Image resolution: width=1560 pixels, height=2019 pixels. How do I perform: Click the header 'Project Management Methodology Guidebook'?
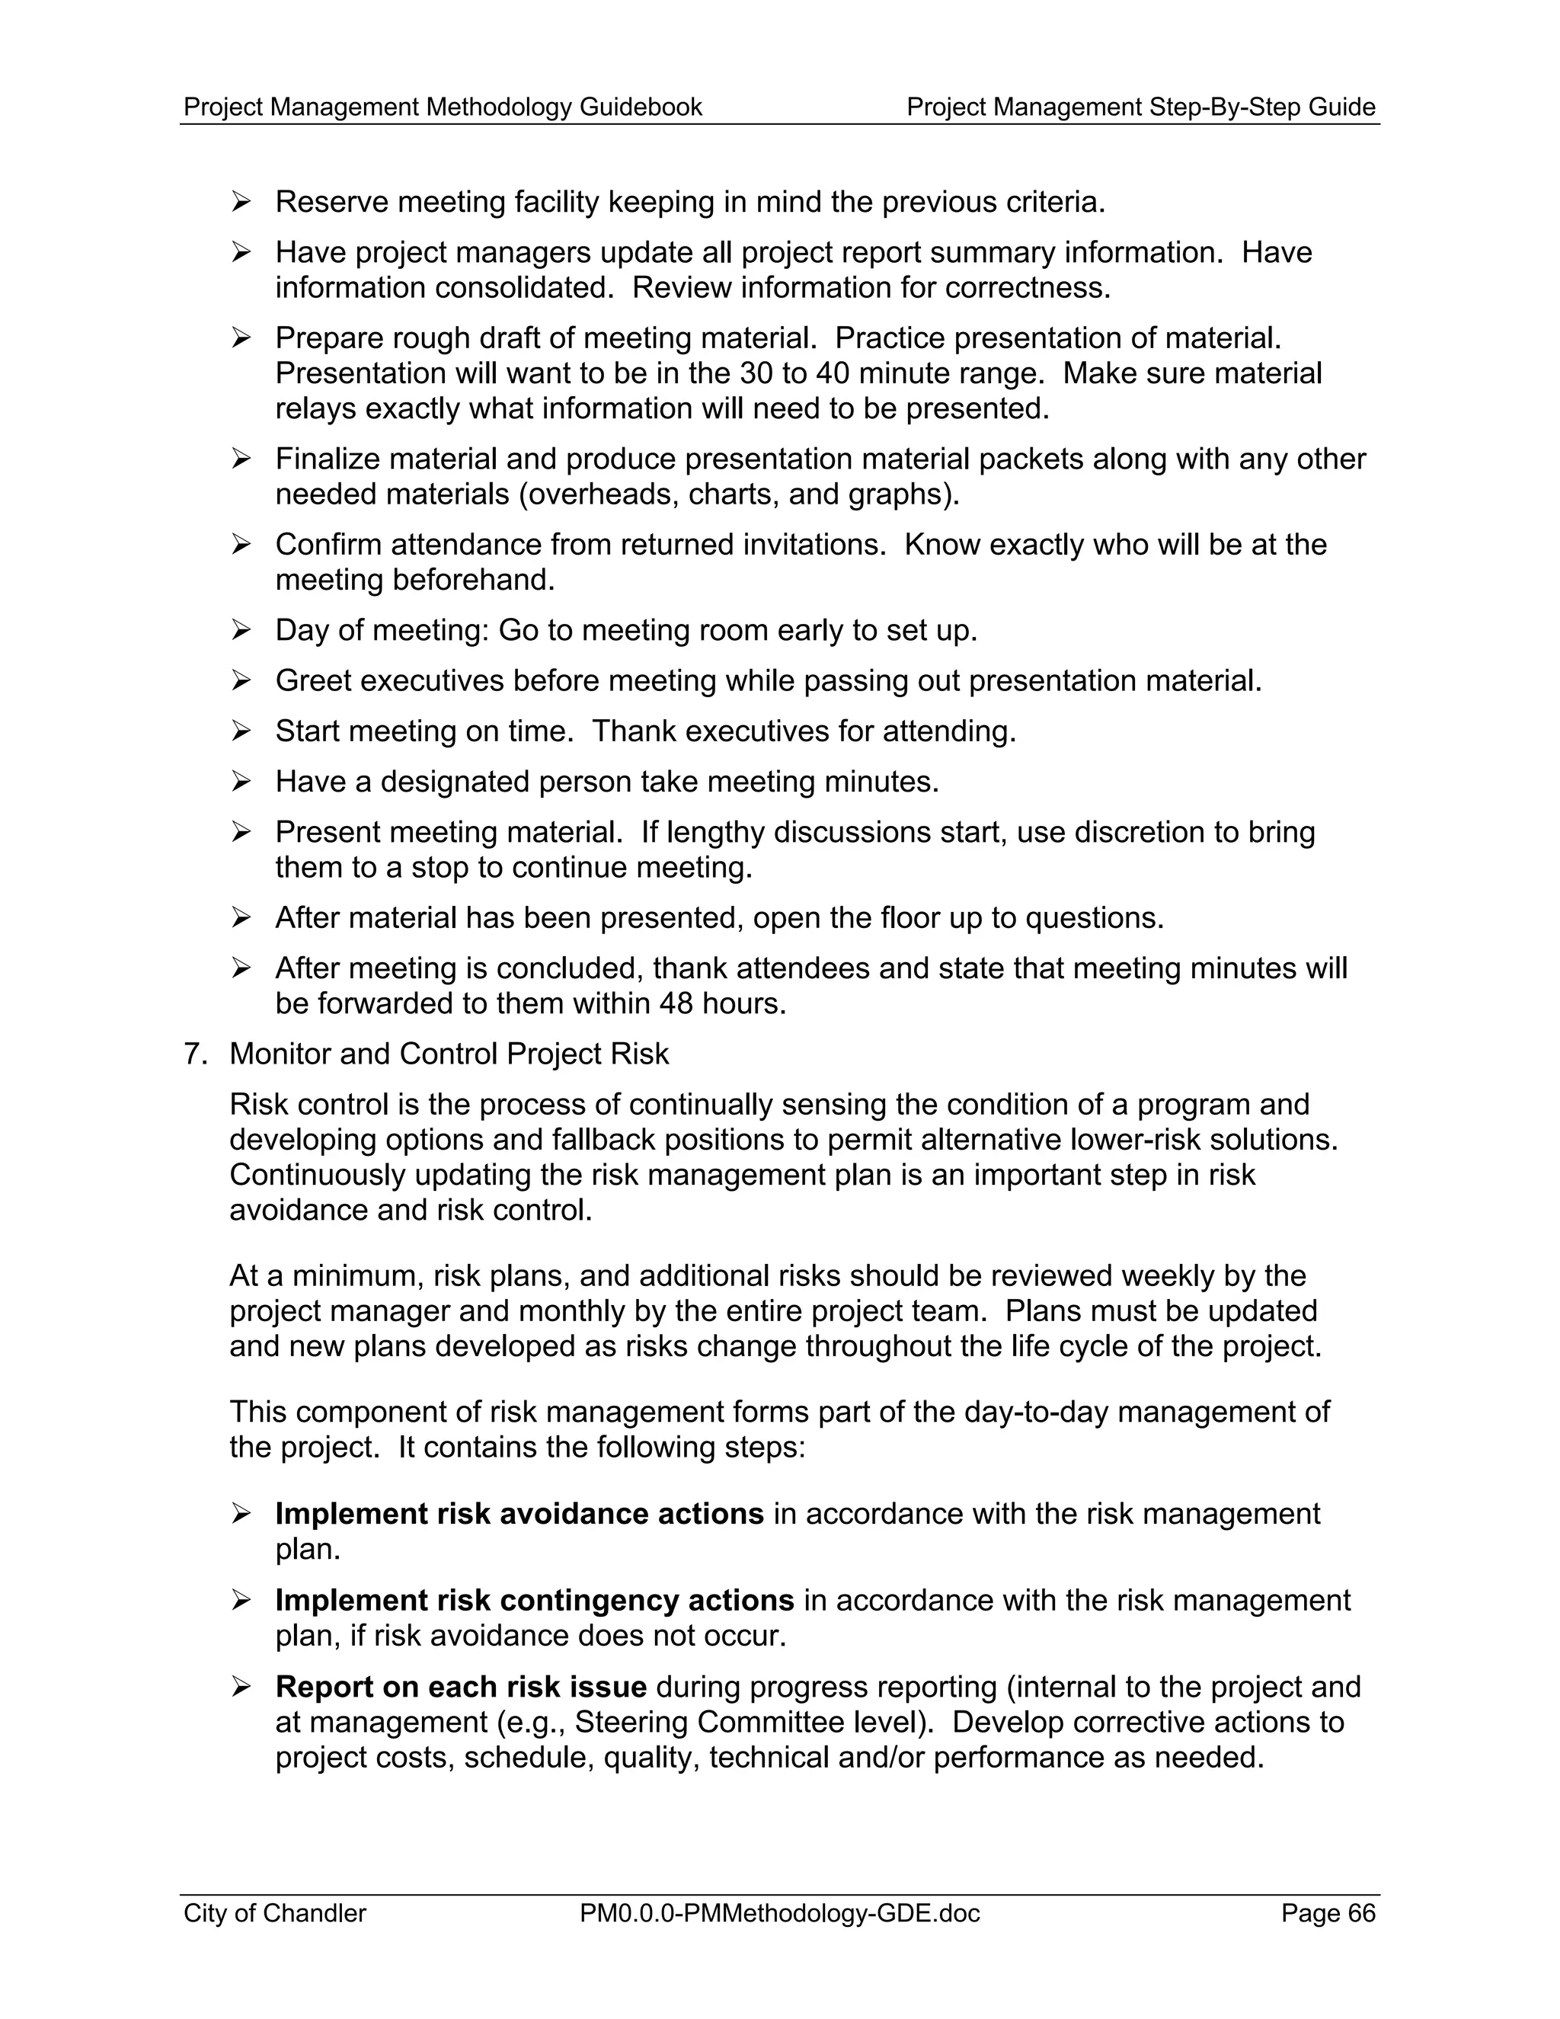pos(443,107)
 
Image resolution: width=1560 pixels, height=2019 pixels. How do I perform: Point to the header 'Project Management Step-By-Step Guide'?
pos(1140,107)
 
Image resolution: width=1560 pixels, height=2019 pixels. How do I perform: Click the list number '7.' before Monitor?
pos(196,1054)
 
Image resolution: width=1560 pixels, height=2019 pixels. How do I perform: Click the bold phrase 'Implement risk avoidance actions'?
pos(519,1515)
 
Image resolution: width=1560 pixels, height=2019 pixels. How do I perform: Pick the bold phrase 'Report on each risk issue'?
pos(460,1687)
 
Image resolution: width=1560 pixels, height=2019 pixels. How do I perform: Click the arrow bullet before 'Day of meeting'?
pos(241,631)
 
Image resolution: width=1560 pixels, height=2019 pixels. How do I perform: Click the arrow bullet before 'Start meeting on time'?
pos(241,731)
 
